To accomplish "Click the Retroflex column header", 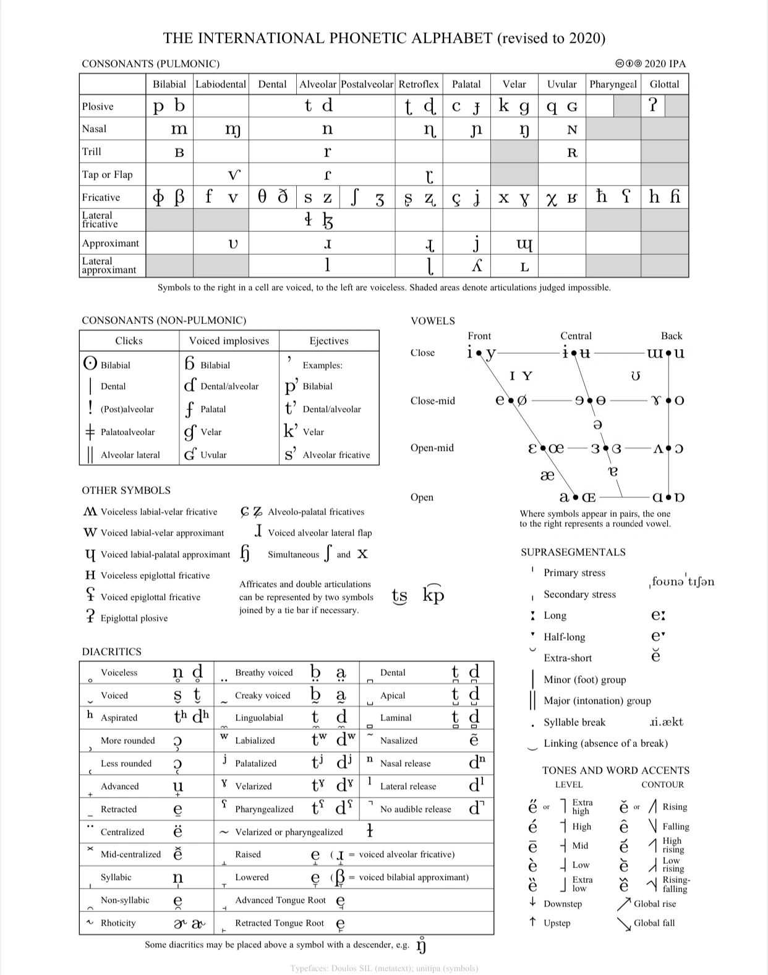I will click(419, 84).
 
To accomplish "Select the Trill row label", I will click(92, 151).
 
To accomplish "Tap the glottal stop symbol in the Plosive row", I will click(652, 106).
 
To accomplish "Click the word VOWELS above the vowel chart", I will click(433, 321).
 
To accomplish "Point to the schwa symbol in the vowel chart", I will click(597, 425).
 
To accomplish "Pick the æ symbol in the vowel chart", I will click(547, 475).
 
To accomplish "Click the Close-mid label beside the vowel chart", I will click(432, 401).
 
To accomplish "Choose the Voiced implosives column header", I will click(229, 341).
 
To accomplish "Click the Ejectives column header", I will click(329, 341).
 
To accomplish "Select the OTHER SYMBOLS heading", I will click(126, 490).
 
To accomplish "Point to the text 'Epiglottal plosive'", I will click(134, 618).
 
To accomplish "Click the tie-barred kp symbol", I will click(433, 595).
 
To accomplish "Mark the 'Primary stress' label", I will click(574, 573).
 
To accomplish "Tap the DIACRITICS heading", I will click(112, 652).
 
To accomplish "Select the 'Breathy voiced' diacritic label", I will click(264, 673).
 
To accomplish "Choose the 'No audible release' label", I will click(416, 809).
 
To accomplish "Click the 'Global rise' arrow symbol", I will click(624, 904).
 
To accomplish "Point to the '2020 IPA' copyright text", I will click(665, 64).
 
